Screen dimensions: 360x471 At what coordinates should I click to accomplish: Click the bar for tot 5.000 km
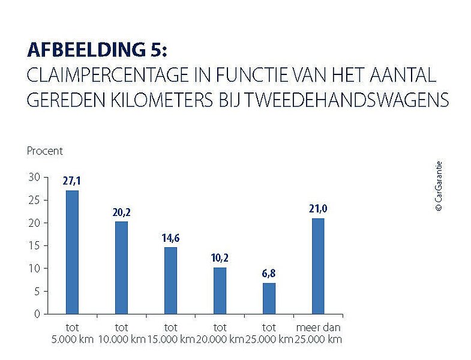click(x=72, y=252)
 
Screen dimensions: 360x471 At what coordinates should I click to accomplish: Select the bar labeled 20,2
click(x=121, y=268)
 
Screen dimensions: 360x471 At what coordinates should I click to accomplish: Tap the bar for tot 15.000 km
click(x=170, y=280)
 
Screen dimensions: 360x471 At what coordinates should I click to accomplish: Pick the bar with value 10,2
click(x=220, y=290)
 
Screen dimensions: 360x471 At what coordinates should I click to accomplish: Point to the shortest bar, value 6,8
click(x=269, y=298)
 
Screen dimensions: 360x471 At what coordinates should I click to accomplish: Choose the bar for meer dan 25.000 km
click(x=318, y=266)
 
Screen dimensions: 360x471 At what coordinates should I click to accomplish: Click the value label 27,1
click(x=72, y=181)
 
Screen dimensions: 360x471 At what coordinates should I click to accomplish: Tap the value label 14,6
click(x=170, y=238)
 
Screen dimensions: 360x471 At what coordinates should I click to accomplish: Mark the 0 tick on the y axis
click(x=37, y=314)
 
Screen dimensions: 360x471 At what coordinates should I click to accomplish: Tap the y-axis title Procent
click(x=44, y=151)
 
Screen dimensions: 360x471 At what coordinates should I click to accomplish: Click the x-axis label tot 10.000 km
click(x=121, y=334)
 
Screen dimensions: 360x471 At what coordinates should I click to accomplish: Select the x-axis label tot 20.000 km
click(x=220, y=334)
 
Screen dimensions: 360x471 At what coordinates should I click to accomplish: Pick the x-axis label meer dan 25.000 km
click(x=319, y=334)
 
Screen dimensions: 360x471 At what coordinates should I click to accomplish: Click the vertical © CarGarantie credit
click(x=439, y=186)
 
